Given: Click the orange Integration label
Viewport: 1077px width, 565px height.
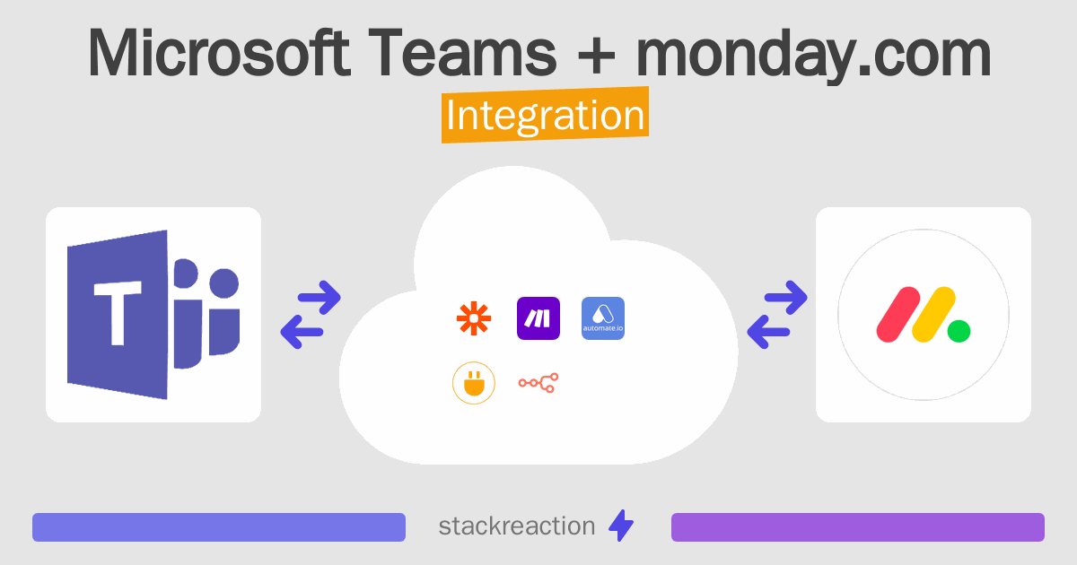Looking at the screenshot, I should tap(545, 117).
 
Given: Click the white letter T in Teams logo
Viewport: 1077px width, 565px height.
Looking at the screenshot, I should tap(118, 312).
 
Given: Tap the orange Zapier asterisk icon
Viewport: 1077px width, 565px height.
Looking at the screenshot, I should tap(474, 318).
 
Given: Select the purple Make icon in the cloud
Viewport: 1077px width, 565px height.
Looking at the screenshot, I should tap(538, 318).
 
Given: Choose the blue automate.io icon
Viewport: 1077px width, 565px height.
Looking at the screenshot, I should tap(603, 318).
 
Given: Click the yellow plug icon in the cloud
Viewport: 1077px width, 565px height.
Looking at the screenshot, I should tap(474, 383).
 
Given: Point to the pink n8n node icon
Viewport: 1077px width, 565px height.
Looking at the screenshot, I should tap(538, 383).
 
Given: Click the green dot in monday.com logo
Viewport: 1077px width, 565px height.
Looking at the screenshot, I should tap(959, 331).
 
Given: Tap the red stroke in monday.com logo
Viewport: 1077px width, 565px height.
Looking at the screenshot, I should tap(898, 314).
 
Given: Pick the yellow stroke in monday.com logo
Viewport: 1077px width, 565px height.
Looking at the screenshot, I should tap(933, 314).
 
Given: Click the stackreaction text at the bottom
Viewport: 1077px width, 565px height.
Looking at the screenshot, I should tap(516, 526).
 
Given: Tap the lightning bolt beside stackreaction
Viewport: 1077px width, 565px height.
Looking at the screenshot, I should tap(621, 526).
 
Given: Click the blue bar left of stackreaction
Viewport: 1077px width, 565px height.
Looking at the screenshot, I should tap(219, 527).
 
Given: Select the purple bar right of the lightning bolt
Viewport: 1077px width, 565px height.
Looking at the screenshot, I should tap(858, 527).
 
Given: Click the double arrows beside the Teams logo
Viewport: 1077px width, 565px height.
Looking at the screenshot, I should tap(311, 315).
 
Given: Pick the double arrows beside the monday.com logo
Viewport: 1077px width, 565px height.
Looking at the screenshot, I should tap(777, 315).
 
